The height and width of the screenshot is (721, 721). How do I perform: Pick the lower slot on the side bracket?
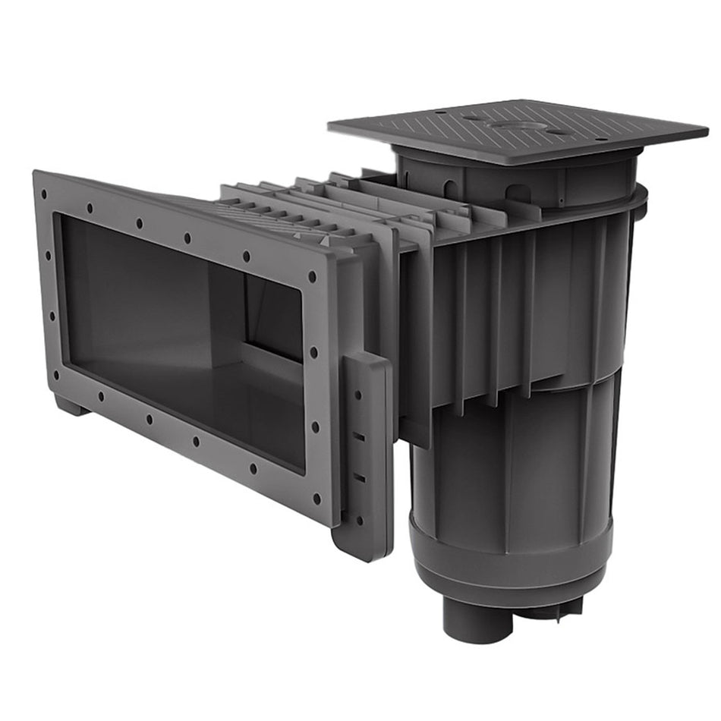[360, 478]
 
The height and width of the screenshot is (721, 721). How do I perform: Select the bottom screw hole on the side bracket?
[357, 521]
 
